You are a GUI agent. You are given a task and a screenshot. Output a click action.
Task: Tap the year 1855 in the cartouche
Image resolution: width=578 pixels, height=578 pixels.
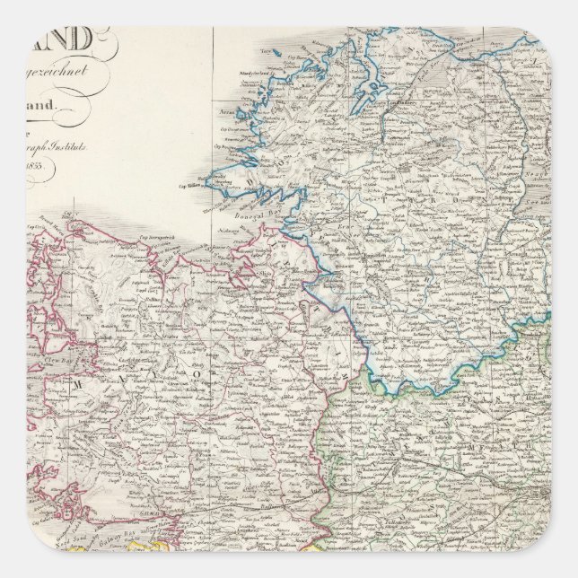(x=39, y=168)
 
